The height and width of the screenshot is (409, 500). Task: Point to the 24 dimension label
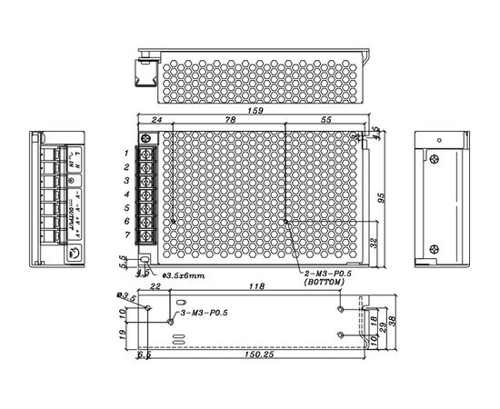click(x=155, y=121)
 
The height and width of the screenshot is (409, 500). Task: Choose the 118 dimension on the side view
click(x=256, y=288)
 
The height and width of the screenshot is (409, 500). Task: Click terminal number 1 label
click(x=127, y=154)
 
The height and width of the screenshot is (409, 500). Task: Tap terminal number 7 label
click(x=127, y=235)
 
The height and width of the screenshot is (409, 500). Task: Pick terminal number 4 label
click(x=127, y=195)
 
